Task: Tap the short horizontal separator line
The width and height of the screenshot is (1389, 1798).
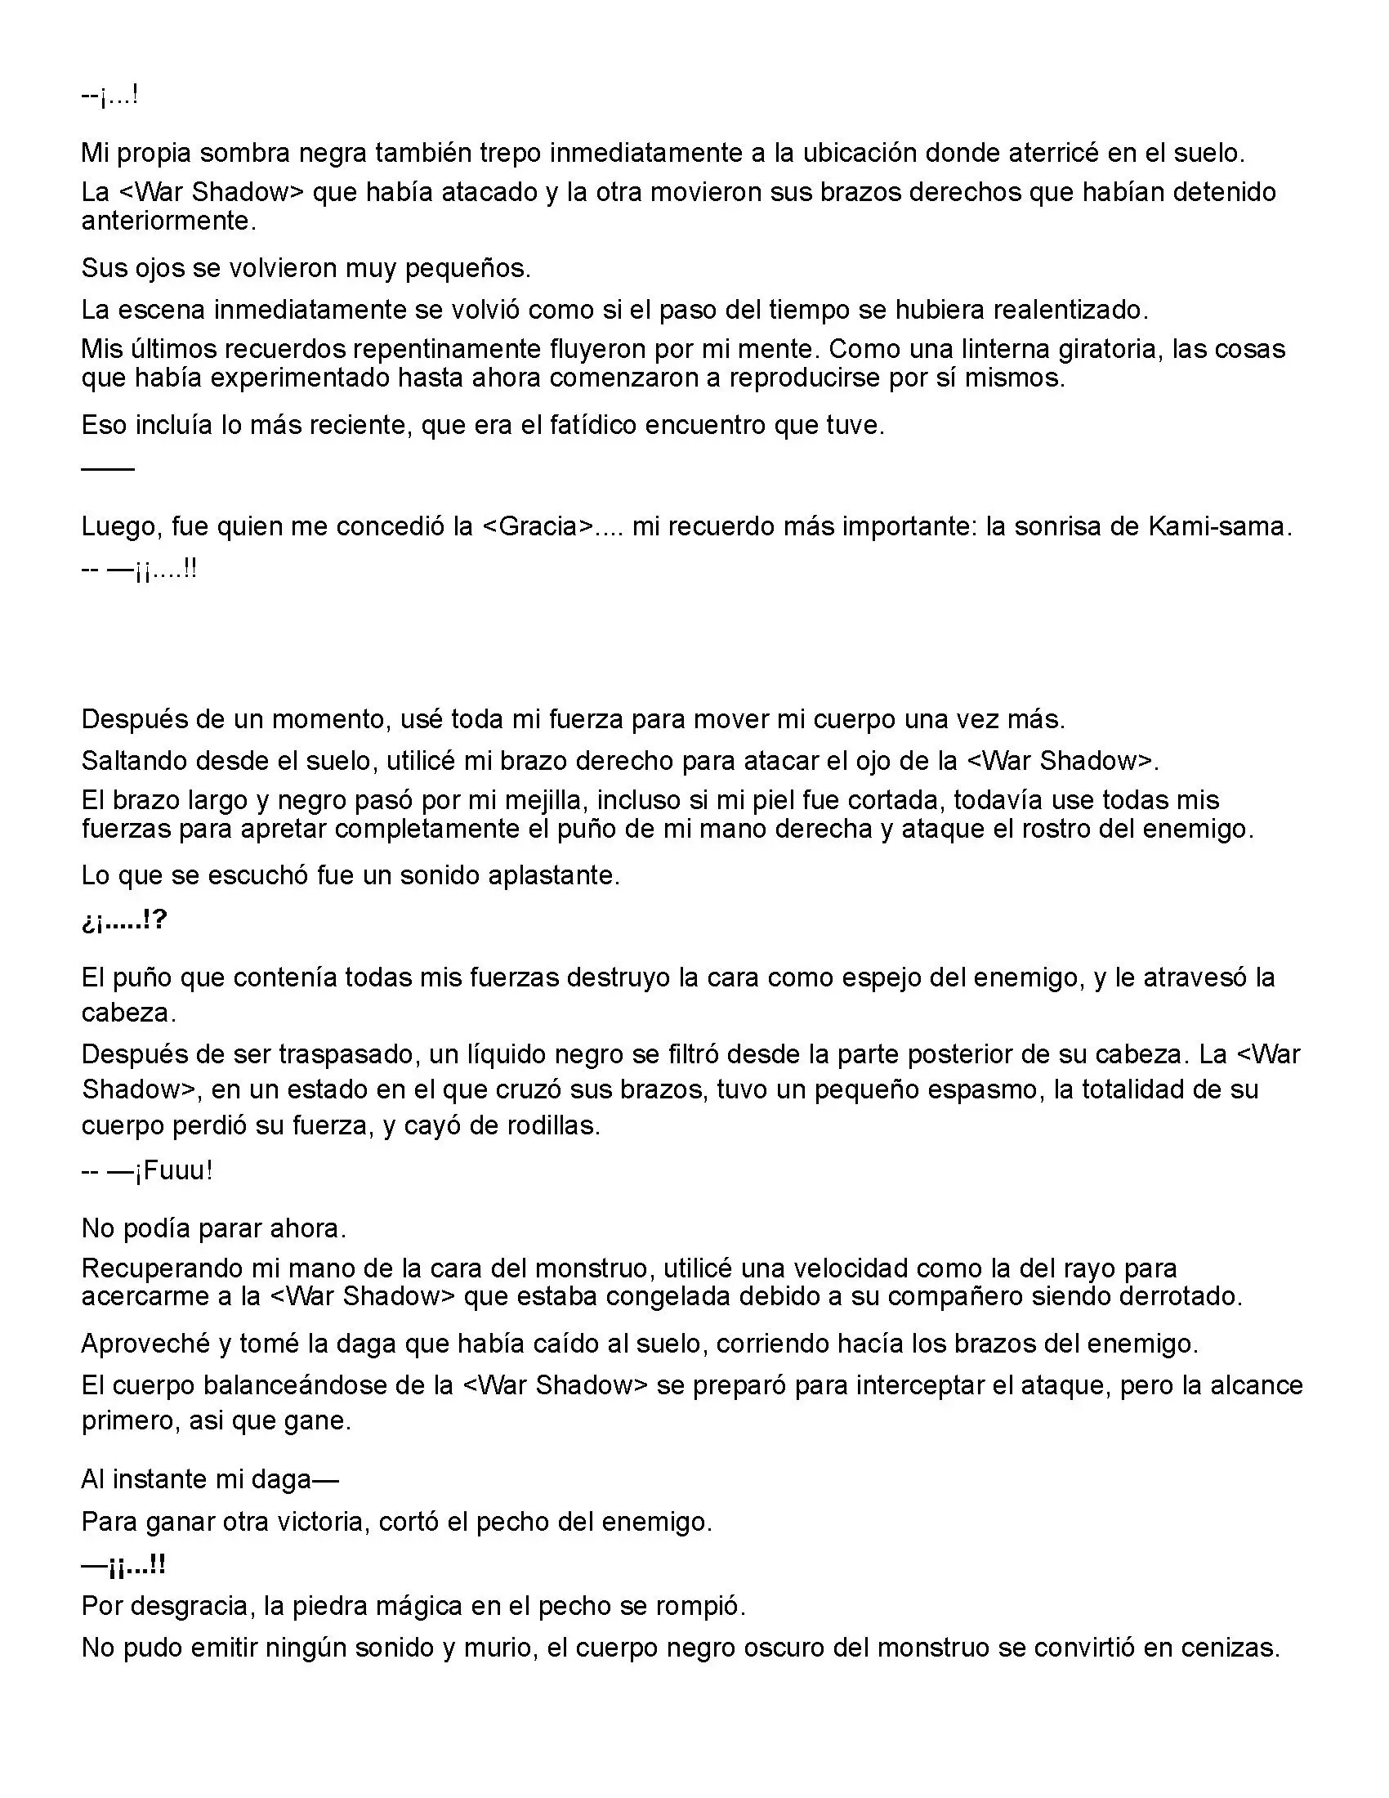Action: (x=108, y=468)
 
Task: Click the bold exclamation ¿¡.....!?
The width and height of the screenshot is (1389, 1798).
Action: (x=124, y=921)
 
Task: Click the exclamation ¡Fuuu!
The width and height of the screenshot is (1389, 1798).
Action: (x=173, y=1170)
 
